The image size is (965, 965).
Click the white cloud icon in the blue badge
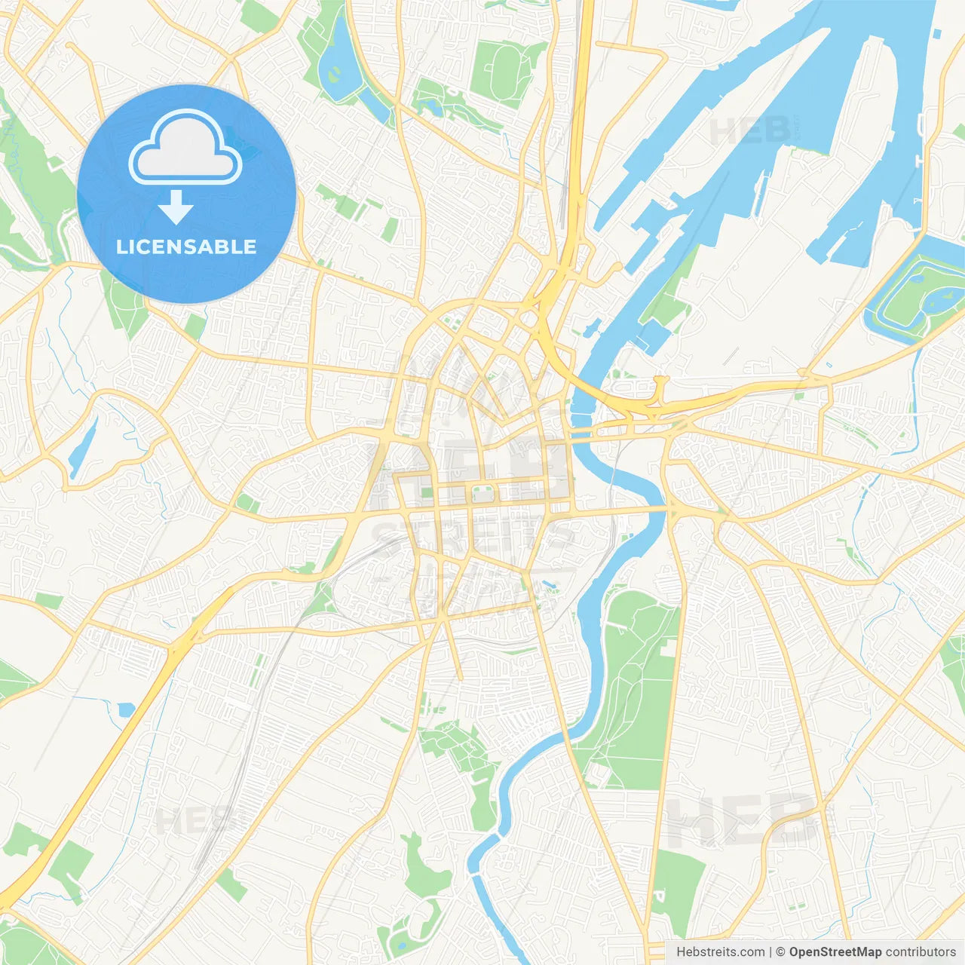pyautogui.click(x=185, y=147)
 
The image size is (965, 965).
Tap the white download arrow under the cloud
pyautogui.click(x=176, y=207)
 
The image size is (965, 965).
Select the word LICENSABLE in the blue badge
pyautogui.click(x=186, y=247)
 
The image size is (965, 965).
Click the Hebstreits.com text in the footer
pyautogui.click(x=720, y=952)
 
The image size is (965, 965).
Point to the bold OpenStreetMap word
pyautogui.click(x=835, y=952)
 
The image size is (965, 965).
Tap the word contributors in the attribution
pyautogui.click(x=921, y=952)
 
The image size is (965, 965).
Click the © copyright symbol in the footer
pyautogui.click(x=781, y=952)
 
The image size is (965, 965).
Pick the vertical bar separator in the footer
pyautogui.click(x=770, y=952)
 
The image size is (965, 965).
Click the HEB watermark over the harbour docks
pyautogui.click(x=750, y=130)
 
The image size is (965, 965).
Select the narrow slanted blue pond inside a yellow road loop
pyautogui.click(x=82, y=448)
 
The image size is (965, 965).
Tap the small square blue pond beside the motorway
pyautogui.click(x=126, y=709)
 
